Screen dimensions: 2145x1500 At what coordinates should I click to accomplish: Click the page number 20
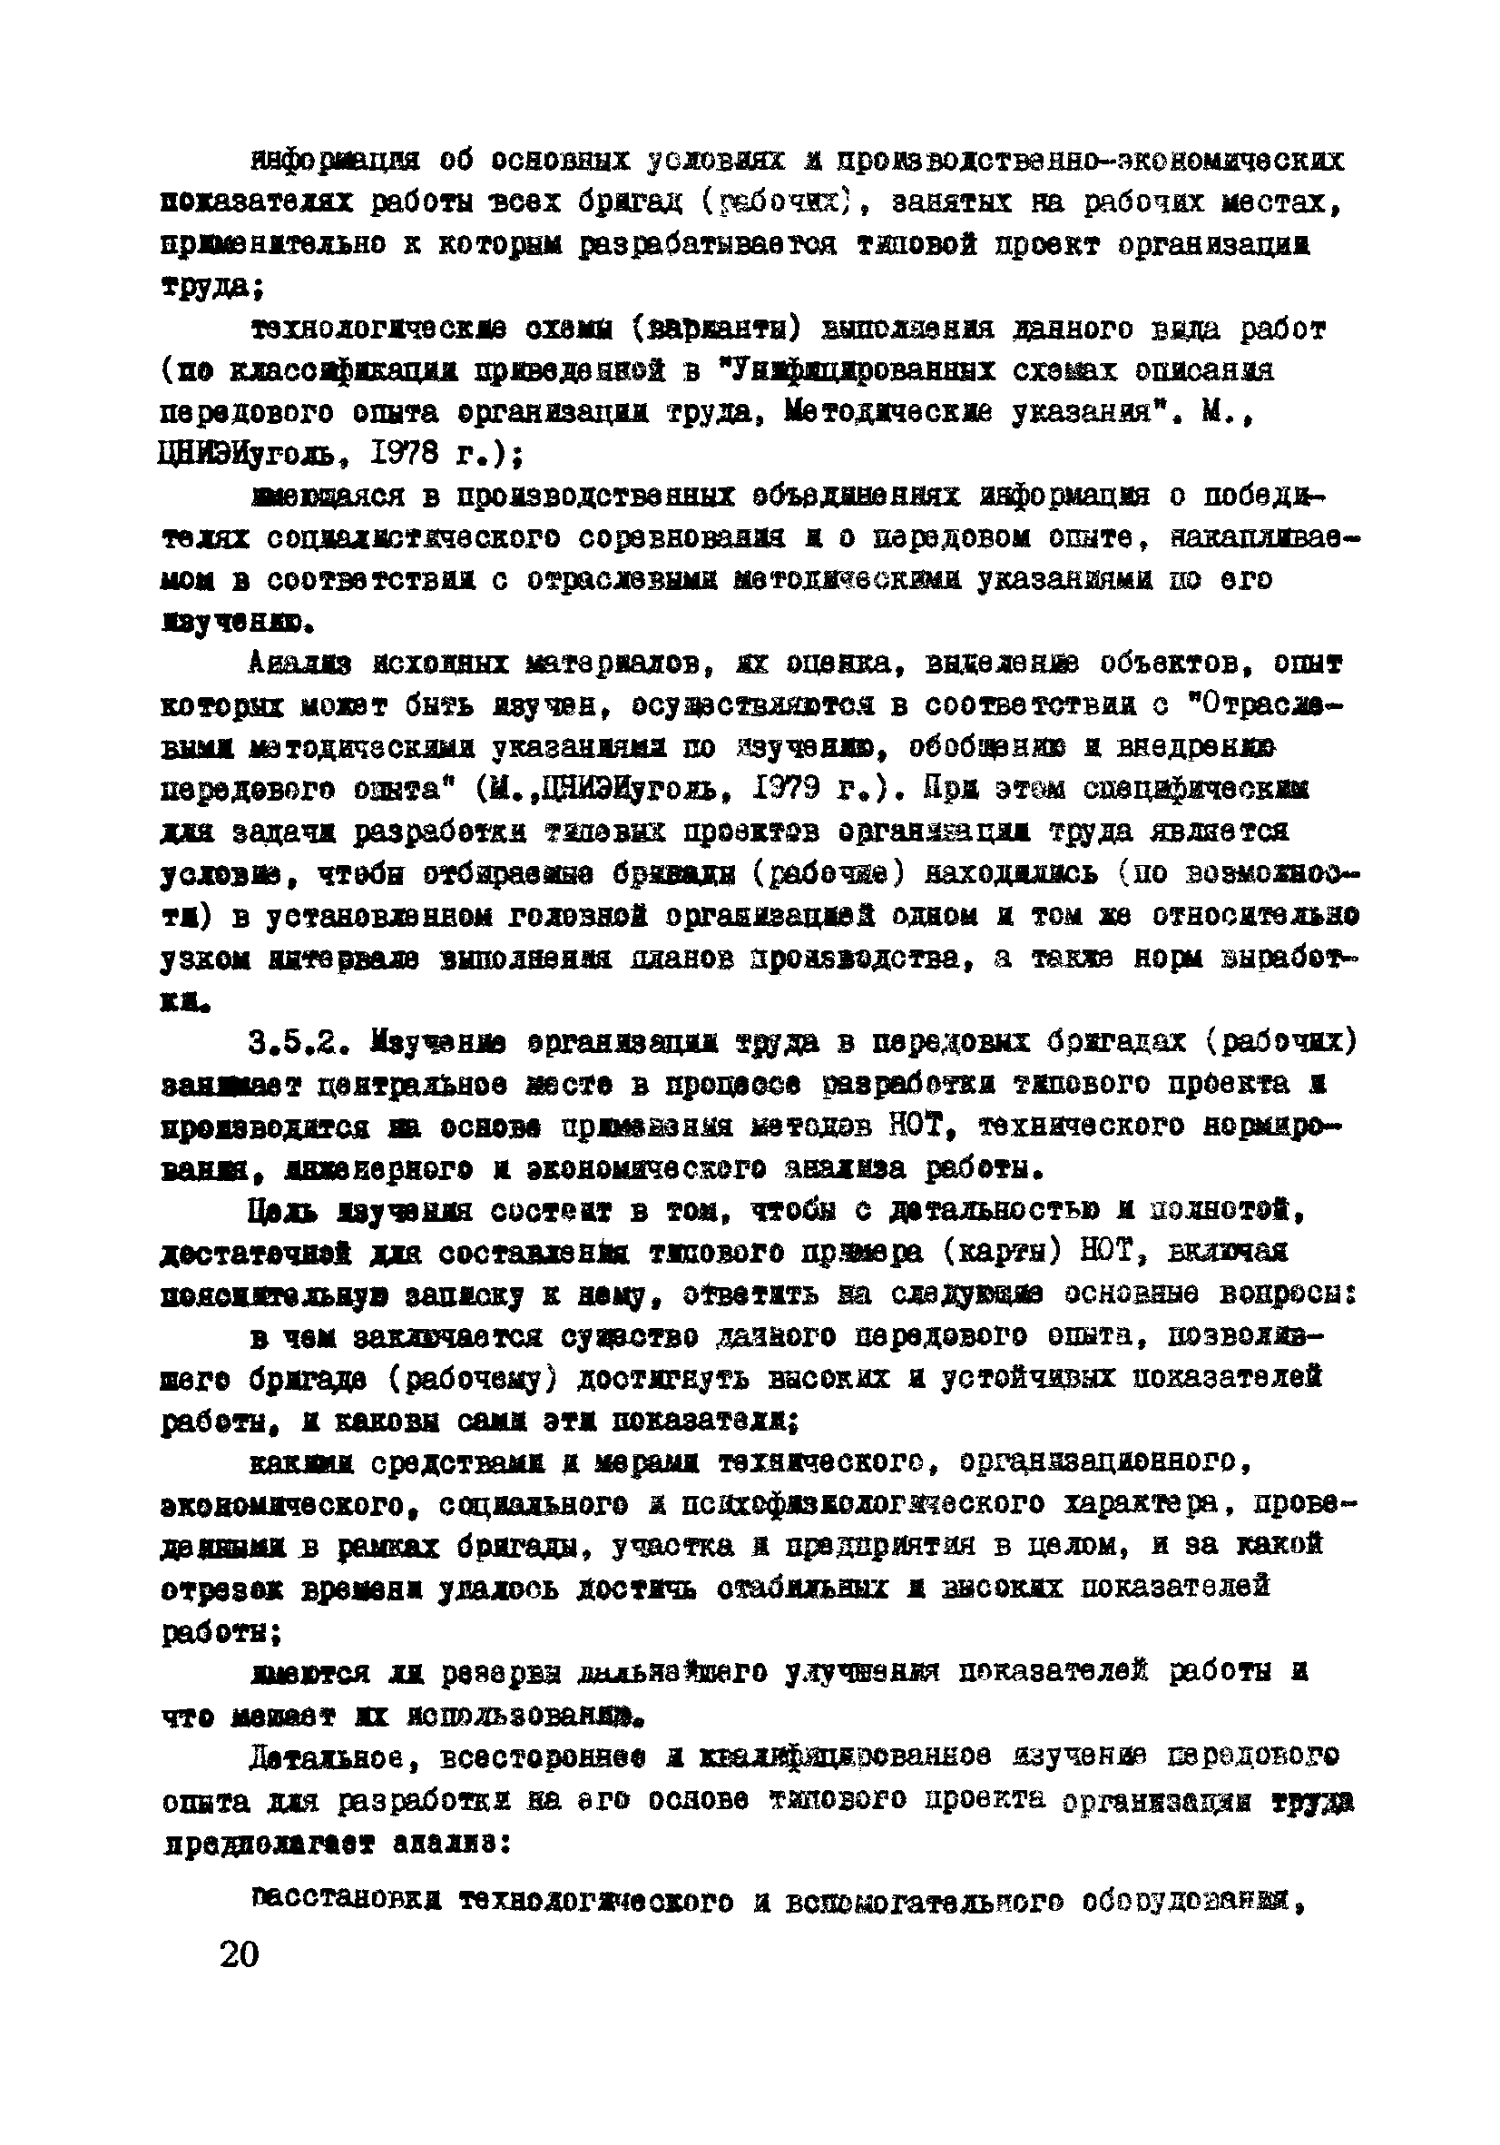click(x=239, y=1953)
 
